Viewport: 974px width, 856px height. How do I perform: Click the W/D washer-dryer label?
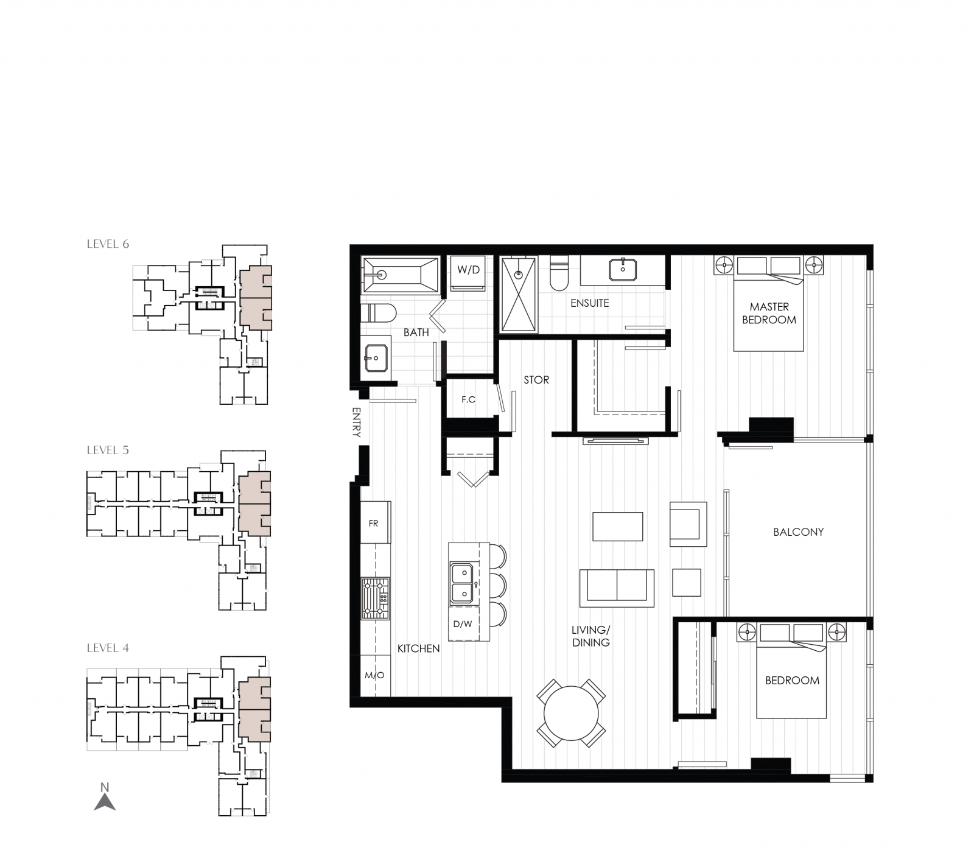click(468, 270)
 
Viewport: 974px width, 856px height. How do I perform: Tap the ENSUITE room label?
click(589, 303)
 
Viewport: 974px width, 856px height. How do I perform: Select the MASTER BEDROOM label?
click(769, 313)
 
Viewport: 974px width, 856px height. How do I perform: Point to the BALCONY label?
click(798, 531)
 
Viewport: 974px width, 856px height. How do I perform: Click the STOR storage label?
click(536, 380)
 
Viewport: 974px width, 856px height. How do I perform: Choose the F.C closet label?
click(468, 399)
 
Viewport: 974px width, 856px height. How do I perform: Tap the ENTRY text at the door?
click(357, 423)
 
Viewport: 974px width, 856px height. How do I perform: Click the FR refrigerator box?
click(374, 523)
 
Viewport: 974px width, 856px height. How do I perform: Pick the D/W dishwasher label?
click(463, 623)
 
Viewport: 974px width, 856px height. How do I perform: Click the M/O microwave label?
click(374, 675)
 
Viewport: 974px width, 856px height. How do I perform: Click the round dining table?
click(571, 714)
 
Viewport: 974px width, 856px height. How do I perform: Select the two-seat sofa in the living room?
click(617, 588)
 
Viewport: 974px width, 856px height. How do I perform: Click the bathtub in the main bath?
click(400, 275)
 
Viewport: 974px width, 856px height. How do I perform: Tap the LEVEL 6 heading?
click(108, 244)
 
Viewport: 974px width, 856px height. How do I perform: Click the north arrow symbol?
click(105, 799)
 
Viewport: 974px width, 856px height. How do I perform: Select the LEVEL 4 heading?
click(108, 648)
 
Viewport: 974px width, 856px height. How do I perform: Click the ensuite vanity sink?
click(623, 268)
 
